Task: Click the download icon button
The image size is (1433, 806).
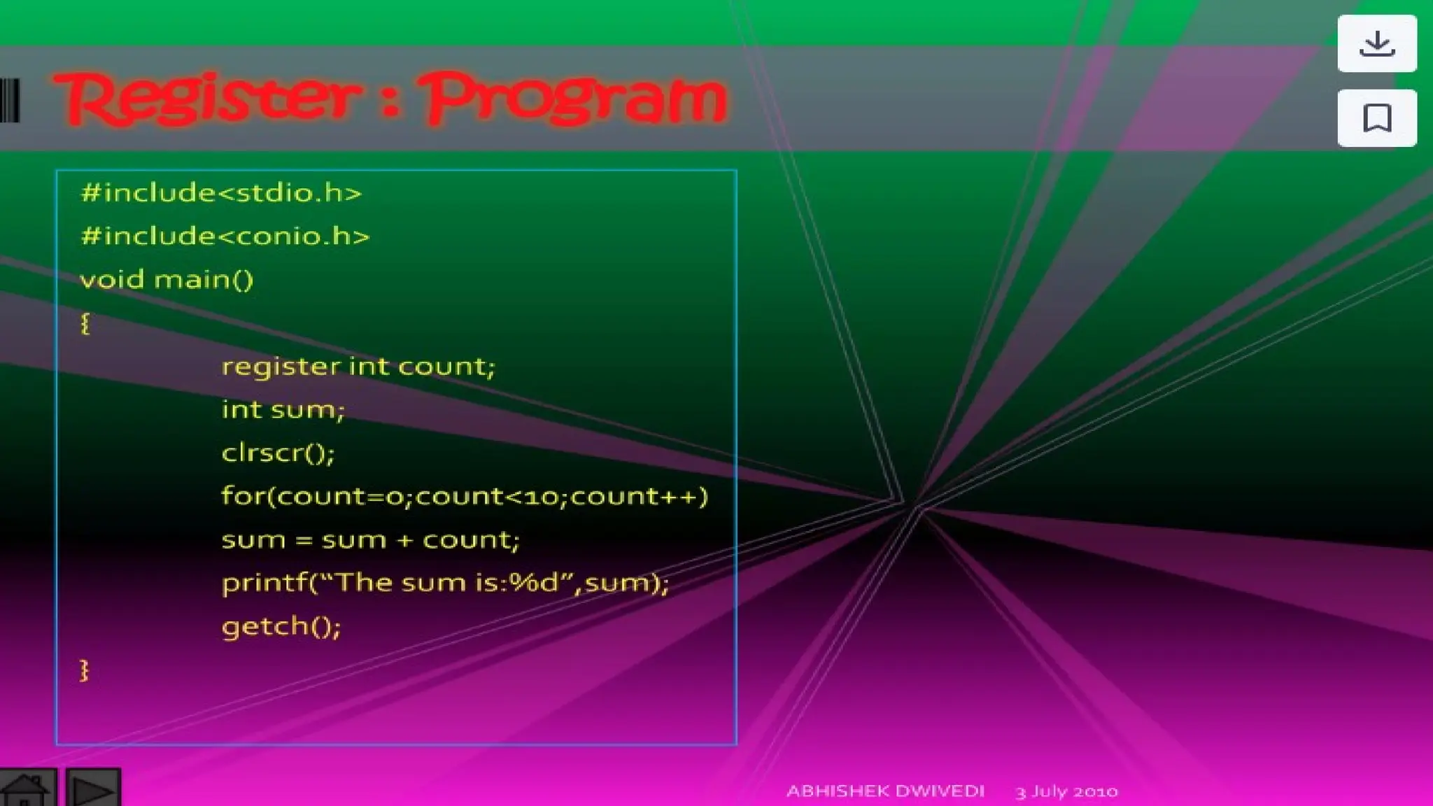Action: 1376,44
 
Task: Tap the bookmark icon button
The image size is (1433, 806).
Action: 1376,118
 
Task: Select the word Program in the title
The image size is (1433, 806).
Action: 574,98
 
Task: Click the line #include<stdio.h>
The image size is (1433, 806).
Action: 221,193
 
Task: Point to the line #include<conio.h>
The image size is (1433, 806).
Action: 225,236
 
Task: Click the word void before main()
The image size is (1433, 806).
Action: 112,280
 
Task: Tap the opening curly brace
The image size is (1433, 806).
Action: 85,323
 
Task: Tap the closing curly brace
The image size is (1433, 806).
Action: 84,670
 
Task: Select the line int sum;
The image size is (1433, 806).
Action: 283,410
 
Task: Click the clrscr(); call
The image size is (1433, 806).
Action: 278,453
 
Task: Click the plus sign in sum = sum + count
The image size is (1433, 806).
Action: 404,540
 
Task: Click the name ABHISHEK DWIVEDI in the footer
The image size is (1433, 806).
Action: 885,791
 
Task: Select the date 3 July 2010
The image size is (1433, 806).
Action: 1066,791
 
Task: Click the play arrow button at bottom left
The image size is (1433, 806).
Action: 93,790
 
